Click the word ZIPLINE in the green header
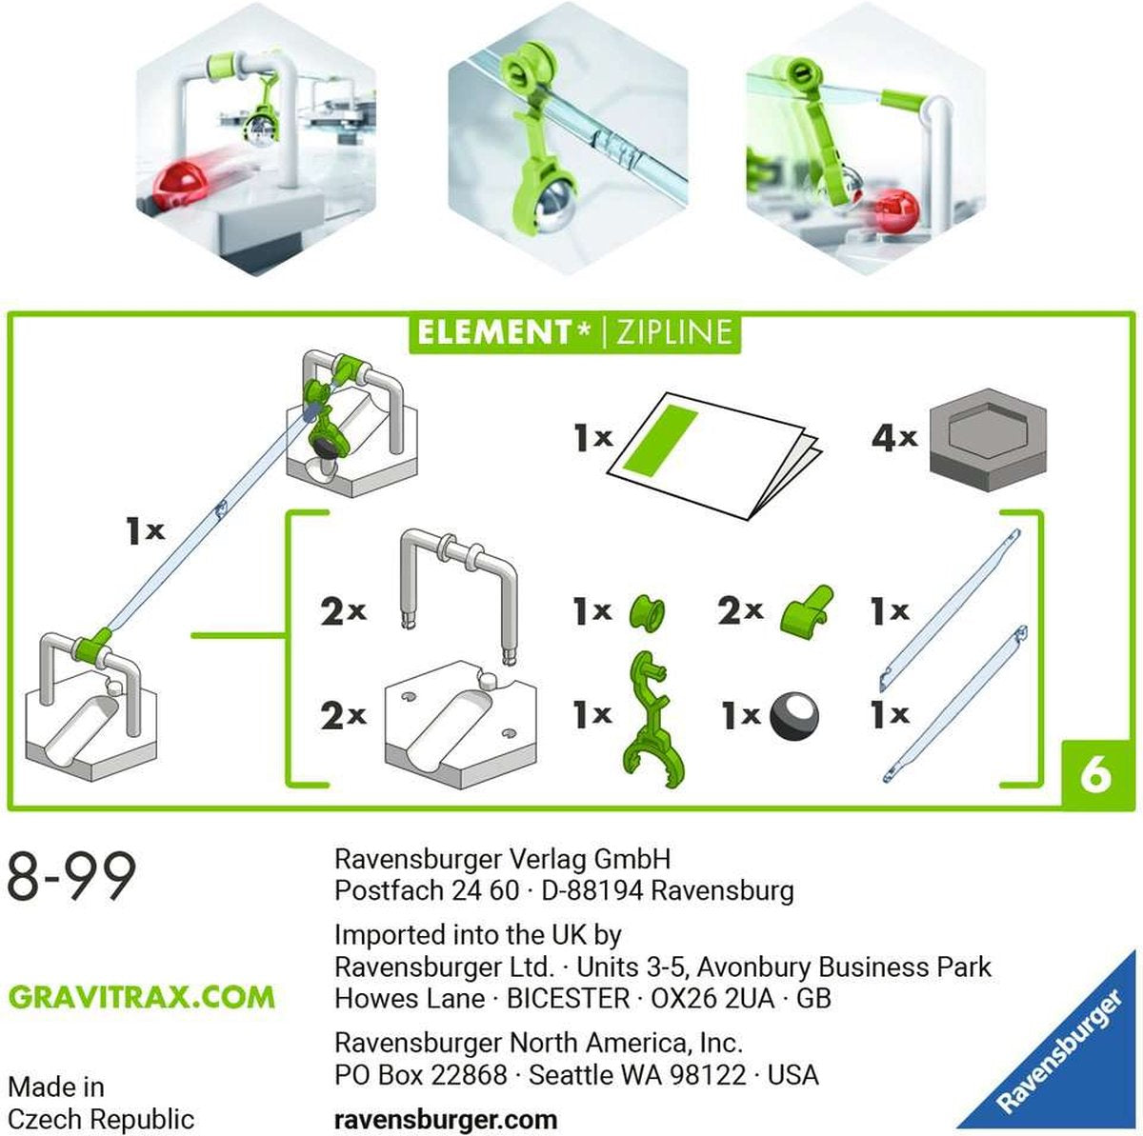pos(674,332)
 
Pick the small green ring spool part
pos(647,611)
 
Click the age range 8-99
pos(71,877)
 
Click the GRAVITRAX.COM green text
pos(142,997)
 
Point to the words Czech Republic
pos(100,1118)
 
